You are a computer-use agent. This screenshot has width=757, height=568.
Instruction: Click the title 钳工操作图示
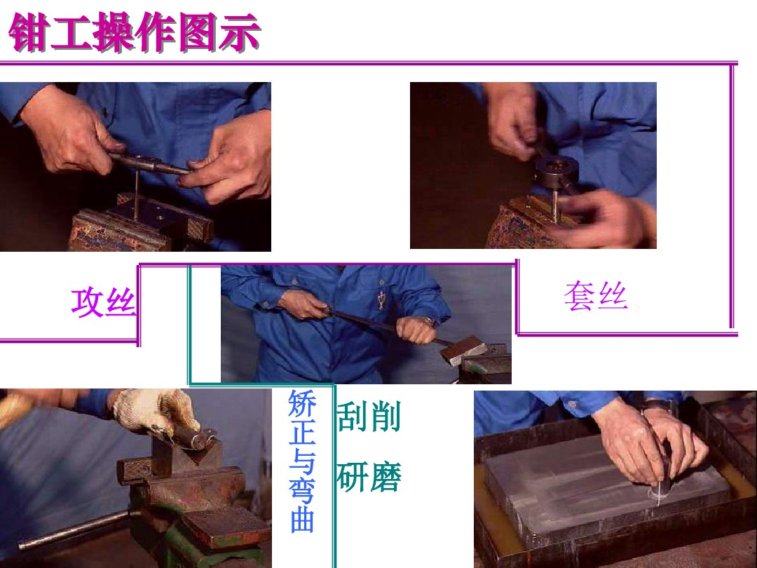[135, 34]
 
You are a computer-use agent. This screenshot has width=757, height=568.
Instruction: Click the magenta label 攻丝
[102, 303]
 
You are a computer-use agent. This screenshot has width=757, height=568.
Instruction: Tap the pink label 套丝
[595, 297]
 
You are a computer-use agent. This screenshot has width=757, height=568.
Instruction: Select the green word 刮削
[369, 417]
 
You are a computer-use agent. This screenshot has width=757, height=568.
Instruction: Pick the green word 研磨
[369, 478]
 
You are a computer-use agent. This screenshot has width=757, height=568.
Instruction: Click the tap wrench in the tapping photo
[151, 163]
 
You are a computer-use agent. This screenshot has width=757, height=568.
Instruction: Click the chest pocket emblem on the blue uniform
[381, 299]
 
